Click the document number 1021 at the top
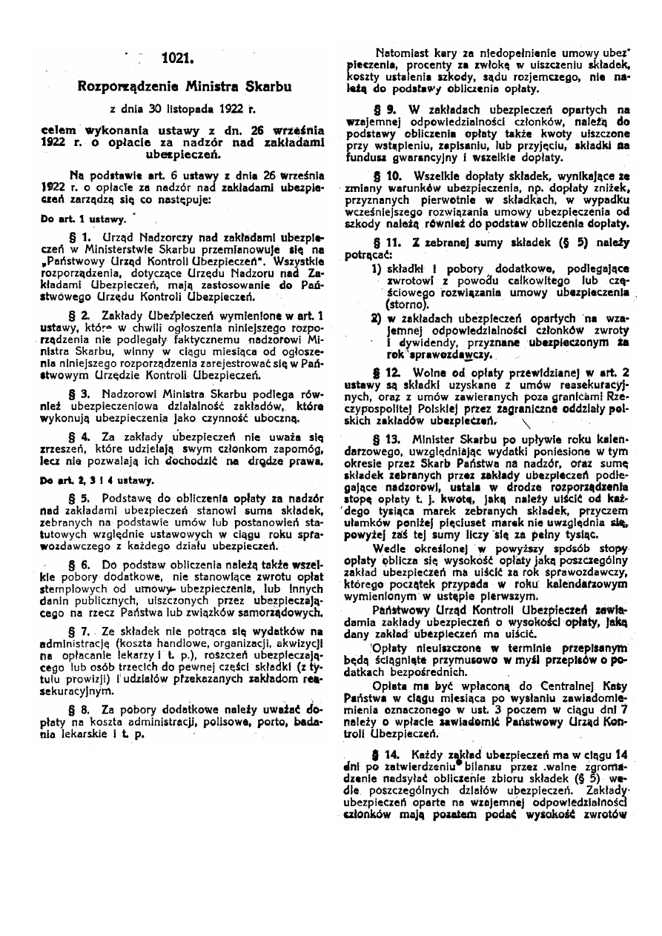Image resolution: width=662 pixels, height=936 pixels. pyautogui.click(x=178, y=57)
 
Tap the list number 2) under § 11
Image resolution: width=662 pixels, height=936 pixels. pyautogui.click(x=377, y=319)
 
